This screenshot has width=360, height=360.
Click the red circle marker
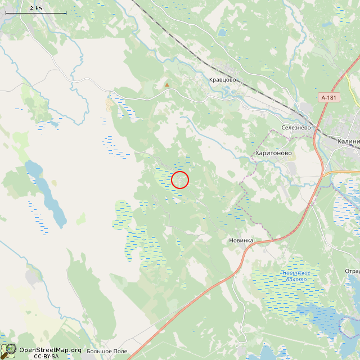[180, 180]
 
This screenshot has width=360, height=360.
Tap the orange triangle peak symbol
[166, 85]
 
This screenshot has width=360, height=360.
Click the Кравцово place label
[222, 80]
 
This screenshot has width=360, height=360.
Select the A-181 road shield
[329, 98]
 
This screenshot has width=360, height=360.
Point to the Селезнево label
[296, 128]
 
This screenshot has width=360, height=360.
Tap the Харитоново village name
[273, 153]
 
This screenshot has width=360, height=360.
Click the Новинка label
[241, 240]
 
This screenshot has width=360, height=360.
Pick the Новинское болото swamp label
[296, 276]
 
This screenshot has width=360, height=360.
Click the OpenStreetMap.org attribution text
[50, 349]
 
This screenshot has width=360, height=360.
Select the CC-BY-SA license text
[46, 356]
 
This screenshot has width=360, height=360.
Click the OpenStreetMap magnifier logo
[8, 351]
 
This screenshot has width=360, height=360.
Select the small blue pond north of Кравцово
[222, 33]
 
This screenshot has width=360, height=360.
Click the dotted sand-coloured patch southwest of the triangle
[109, 105]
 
